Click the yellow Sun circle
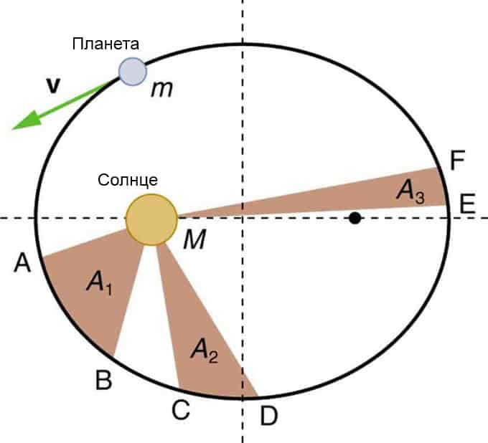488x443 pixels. (x=151, y=220)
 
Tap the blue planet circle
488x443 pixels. (x=133, y=72)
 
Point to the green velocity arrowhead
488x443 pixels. (x=27, y=121)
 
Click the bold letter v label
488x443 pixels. (x=53, y=86)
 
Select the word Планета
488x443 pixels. (x=105, y=44)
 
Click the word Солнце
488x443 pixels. (x=128, y=180)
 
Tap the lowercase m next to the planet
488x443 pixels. (x=162, y=90)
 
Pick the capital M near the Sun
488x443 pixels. (x=194, y=239)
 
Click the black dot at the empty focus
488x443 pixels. (x=355, y=218)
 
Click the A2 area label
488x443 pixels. (x=205, y=351)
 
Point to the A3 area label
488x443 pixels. (x=410, y=191)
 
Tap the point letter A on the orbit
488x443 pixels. (x=22, y=262)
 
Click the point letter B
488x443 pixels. (x=103, y=380)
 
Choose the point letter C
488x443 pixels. (x=181, y=410)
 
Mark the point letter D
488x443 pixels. (x=268, y=416)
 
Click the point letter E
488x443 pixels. (x=467, y=204)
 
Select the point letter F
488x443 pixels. (x=458, y=160)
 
